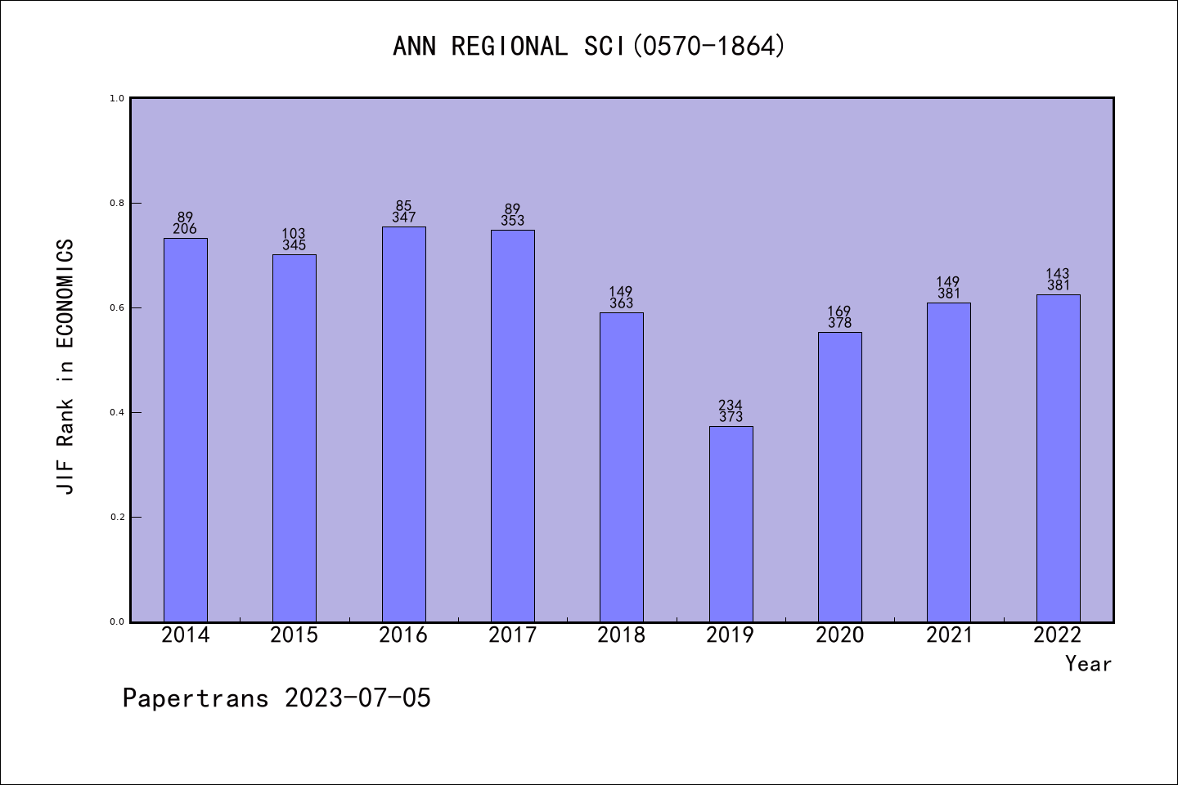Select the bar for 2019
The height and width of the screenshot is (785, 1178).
(731, 523)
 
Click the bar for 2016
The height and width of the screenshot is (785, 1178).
(403, 424)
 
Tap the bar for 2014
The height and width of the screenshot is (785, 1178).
(186, 429)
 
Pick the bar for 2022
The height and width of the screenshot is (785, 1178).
(1058, 458)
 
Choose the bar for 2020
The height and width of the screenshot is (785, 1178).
(839, 477)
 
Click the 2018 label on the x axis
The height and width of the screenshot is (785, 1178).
(622, 635)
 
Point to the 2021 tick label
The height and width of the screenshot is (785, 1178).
(949, 635)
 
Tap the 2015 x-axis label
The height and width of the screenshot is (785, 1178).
(294, 635)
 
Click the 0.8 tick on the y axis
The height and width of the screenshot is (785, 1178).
(117, 203)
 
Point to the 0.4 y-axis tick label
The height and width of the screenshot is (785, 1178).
(117, 412)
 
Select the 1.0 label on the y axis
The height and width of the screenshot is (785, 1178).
(117, 98)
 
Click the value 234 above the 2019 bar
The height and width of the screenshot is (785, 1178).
(731, 405)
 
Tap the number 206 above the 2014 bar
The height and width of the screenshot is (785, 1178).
(185, 229)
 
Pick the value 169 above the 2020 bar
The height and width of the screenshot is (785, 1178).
(839, 312)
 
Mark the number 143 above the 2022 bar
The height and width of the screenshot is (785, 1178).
(1058, 274)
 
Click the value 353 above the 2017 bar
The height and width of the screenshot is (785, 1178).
(512, 221)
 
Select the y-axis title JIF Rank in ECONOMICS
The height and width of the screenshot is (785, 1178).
(65, 366)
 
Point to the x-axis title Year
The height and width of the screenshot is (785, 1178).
(1088, 664)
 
